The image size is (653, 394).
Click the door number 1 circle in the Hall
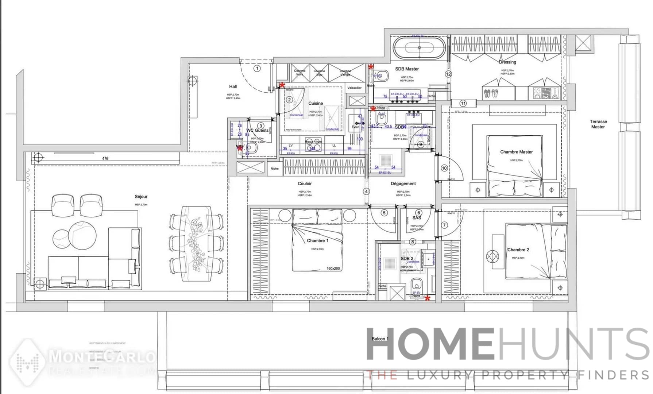pyautogui.click(x=257, y=68)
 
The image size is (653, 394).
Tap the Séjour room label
pyautogui.click(x=141, y=197)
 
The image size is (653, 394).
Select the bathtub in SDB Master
pyautogui.click(x=419, y=48)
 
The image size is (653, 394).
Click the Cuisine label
pyautogui.click(x=316, y=103)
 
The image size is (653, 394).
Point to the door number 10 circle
pyautogui.click(x=444, y=168)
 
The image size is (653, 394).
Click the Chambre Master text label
pyautogui.click(x=516, y=152)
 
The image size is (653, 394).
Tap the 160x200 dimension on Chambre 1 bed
pyautogui.click(x=333, y=269)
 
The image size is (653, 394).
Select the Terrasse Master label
pyautogui.click(x=598, y=124)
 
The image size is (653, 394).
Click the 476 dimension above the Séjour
pyautogui.click(x=105, y=158)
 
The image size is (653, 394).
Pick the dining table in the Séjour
pyautogui.click(x=197, y=243)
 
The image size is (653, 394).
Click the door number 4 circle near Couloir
pyautogui.click(x=366, y=192)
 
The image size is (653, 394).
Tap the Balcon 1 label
pyautogui.click(x=380, y=339)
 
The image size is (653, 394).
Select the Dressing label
pyautogui.click(x=507, y=62)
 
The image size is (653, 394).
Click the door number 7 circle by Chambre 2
pyautogui.click(x=444, y=225)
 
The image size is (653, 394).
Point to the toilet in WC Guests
pyautogui.click(x=251, y=148)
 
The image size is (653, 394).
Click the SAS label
pyautogui.click(x=417, y=218)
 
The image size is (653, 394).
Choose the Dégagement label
pyautogui.click(x=403, y=184)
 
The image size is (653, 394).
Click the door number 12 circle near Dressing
pyautogui.click(x=448, y=74)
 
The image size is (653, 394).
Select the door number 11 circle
pyautogui.click(x=463, y=103)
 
